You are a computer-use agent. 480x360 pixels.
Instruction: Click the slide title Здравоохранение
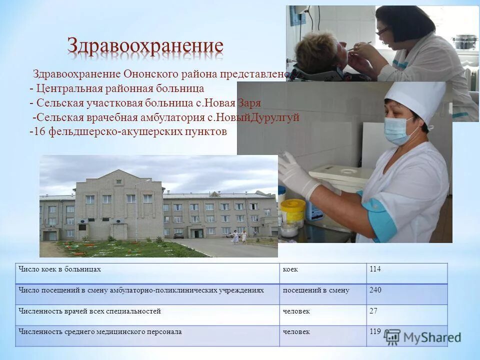[145, 46]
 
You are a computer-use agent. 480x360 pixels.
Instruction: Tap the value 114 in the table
[375, 269]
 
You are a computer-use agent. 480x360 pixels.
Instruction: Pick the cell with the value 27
[373, 311]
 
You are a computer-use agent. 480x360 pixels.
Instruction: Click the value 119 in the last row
[375, 331]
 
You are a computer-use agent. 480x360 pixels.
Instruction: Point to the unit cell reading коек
[290, 269]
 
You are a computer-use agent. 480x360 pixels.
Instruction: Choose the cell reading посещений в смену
[316, 290]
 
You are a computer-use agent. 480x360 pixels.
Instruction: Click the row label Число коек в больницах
[60, 269]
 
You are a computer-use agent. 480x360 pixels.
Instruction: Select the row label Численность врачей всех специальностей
[90, 311]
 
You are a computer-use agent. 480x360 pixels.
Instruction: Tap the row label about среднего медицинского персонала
[100, 332]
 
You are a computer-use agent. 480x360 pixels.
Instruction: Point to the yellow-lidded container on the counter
[292, 210]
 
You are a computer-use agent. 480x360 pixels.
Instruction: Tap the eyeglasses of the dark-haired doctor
[382, 31]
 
